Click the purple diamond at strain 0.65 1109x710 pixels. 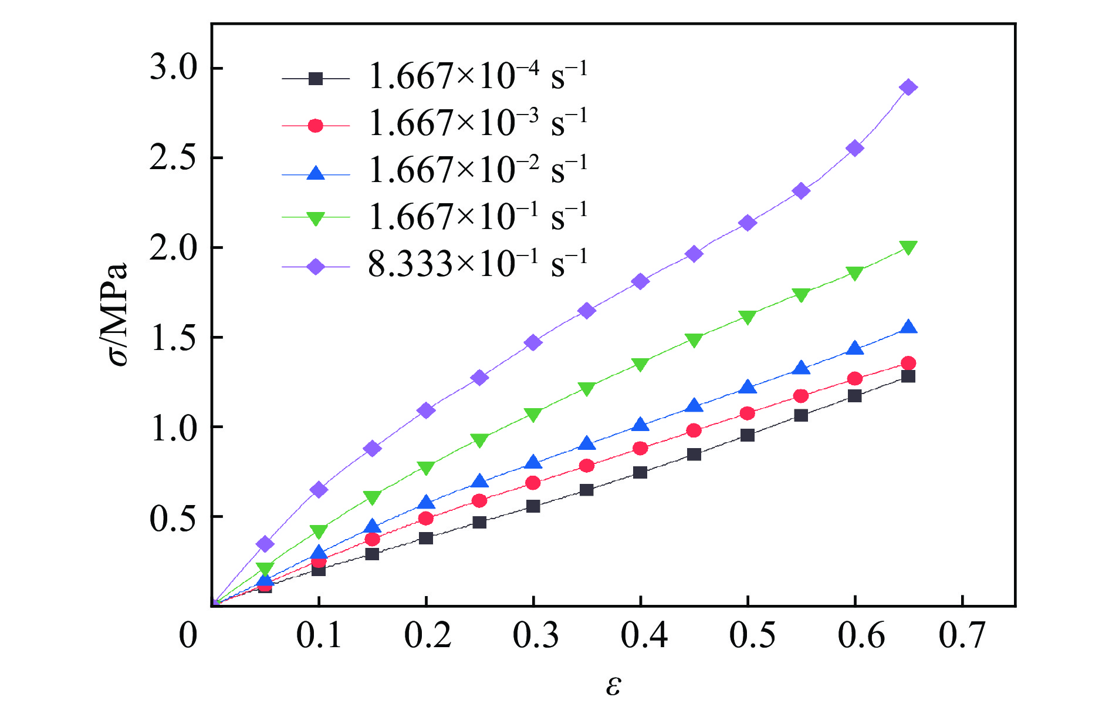[x=908, y=88]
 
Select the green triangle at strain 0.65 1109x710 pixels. [x=908, y=247]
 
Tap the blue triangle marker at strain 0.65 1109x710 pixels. [x=908, y=328]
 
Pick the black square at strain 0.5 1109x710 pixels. [x=747, y=435]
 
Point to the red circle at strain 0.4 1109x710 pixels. [x=640, y=448]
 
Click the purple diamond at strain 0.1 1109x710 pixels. [x=319, y=489]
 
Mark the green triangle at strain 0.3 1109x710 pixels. [x=533, y=415]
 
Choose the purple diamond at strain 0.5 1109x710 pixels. [x=747, y=223]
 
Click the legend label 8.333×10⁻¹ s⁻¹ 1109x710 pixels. [x=477, y=265]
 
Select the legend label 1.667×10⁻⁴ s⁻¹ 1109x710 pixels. [x=477, y=76]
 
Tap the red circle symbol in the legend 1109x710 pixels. [x=316, y=126]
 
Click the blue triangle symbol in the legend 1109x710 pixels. [x=316, y=173]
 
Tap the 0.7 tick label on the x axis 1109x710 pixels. [x=962, y=635]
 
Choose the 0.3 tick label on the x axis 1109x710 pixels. [x=535, y=635]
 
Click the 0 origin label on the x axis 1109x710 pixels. [x=188, y=635]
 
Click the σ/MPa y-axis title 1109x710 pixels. [x=118, y=314]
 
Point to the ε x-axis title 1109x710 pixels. [x=613, y=685]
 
